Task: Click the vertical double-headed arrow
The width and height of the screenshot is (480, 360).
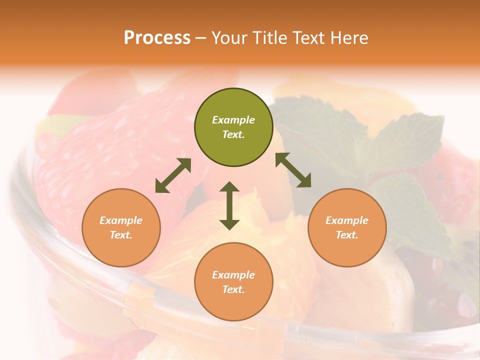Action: click(x=229, y=205)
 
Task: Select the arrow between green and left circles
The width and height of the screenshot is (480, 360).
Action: click(x=173, y=175)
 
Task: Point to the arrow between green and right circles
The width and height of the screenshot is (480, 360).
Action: click(x=293, y=170)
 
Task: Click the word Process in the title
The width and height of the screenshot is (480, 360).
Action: click(x=157, y=38)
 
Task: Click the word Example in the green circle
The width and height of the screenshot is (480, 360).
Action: click(x=233, y=120)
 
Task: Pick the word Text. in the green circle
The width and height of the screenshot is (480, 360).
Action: click(x=233, y=134)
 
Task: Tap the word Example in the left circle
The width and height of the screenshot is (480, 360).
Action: click(x=121, y=220)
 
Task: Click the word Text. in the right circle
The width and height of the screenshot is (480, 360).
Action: click(x=347, y=235)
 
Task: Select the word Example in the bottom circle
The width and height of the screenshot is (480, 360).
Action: click(x=233, y=275)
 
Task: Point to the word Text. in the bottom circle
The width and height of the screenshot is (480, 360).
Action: click(x=233, y=289)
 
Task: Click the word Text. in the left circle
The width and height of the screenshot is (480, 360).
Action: click(x=121, y=235)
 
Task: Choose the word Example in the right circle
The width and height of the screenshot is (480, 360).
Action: click(x=347, y=220)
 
